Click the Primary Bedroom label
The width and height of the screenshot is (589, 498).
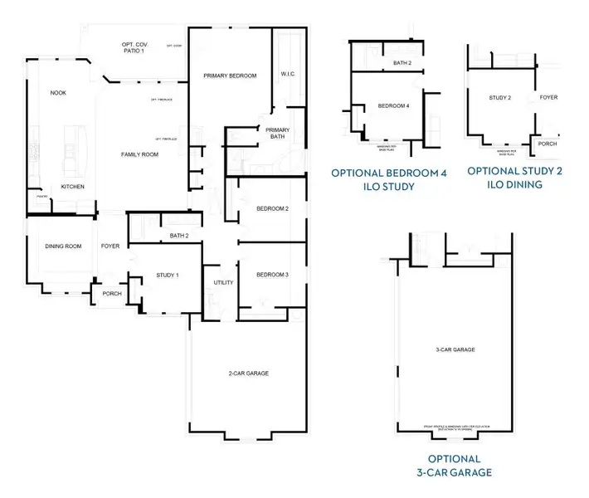click(230, 76)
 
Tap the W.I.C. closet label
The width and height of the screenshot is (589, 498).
click(289, 74)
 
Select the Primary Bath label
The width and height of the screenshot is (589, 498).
click(277, 133)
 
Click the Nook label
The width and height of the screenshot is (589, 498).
click(58, 93)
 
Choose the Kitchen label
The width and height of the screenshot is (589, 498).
click(72, 187)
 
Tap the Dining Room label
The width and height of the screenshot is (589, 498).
click(63, 246)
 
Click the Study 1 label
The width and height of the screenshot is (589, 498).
click(167, 275)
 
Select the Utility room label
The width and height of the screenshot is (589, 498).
click(223, 282)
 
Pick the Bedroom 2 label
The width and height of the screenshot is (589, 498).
click(272, 208)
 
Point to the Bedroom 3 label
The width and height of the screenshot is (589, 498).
click(272, 275)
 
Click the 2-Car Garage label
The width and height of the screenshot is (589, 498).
click(248, 373)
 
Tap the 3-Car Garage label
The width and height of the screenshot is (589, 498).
click(455, 350)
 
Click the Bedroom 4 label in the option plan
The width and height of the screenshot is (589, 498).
click(393, 106)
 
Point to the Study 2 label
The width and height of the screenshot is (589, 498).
click(499, 98)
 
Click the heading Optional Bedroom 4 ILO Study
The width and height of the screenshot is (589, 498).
click(389, 179)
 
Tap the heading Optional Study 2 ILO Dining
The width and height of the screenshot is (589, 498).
click(515, 178)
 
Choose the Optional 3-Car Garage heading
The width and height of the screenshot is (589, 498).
click(454, 466)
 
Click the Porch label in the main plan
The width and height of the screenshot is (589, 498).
click(111, 294)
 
